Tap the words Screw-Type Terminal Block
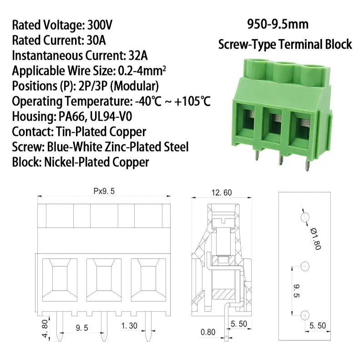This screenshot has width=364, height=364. tap(285, 44)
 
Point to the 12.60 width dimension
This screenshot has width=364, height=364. tap(221, 192)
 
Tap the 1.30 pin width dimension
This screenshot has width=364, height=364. tap(129, 326)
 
